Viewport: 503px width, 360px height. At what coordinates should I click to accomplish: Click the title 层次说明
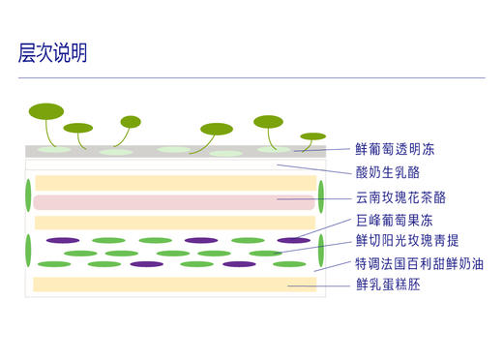coord(53,53)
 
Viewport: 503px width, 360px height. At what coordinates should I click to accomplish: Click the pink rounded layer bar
coord(174,202)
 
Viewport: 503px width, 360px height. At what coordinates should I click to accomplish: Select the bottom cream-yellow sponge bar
coord(174,285)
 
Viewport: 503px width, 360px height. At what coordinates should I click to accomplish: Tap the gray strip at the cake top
coord(174,151)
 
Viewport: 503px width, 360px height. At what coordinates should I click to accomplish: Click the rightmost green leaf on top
coord(313,136)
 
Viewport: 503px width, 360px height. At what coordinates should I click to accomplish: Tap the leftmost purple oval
coord(63,240)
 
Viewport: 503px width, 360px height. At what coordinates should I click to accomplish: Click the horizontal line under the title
coord(251,77)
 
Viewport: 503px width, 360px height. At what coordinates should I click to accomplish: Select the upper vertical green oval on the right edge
coord(320,195)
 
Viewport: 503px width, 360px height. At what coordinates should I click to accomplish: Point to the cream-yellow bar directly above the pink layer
coord(174,183)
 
